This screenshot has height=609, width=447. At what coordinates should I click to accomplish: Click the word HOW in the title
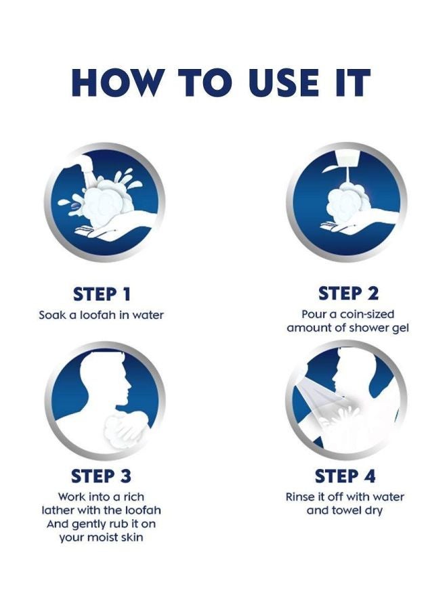click(x=116, y=83)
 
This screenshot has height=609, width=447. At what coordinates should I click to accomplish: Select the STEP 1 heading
click(x=102, y=294)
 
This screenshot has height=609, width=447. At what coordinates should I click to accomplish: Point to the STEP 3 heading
click(x=101, y=476)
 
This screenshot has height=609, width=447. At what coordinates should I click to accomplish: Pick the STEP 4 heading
click(x=345, y=476)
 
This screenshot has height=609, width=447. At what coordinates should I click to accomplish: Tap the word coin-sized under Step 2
click(x=367, y=314)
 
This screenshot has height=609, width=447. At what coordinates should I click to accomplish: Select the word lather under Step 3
click(x=58, y=510)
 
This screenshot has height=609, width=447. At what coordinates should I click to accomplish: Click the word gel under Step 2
click(x=401, y=329)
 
